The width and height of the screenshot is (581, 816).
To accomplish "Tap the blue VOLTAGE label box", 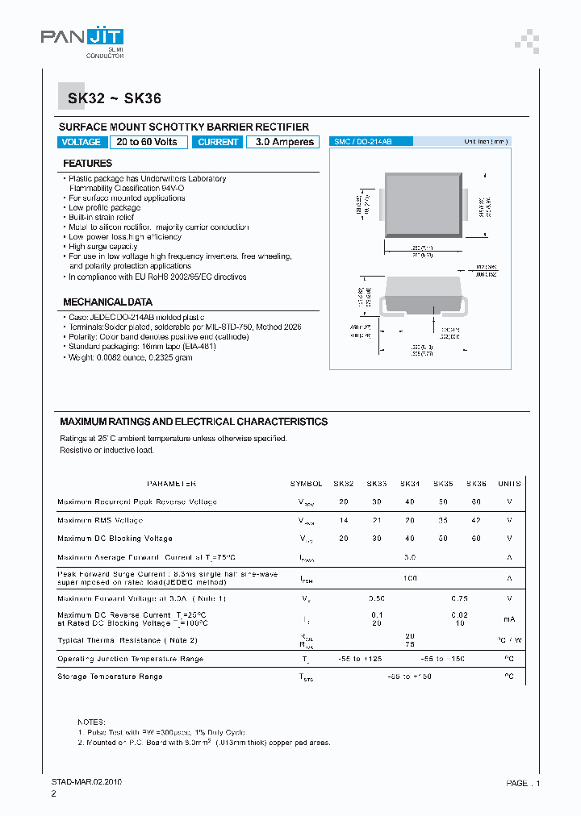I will pos(82,142).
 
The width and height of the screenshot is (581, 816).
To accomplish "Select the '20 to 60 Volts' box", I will pos(148,142).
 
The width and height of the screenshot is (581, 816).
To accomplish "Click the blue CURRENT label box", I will pos(218,142).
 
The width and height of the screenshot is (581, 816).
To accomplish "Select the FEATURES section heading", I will pos(88,164).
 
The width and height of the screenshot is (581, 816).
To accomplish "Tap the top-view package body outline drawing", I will pos(424,205).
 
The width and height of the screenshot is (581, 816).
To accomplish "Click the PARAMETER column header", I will pos(171,484).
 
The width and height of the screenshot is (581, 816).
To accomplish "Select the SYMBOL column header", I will pos(306,484).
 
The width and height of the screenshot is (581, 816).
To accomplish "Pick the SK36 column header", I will pos(476,484).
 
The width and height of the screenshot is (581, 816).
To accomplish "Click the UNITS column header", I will pos(509,484).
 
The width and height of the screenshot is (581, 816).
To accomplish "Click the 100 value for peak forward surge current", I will pos(410,578).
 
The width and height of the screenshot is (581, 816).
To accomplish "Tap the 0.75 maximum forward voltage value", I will pos(460,598).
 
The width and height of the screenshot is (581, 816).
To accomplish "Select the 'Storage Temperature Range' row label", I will pos(110,677).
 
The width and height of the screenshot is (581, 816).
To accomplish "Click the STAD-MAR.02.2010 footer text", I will pos(81,782).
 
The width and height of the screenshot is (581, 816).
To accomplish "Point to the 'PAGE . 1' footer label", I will pos(523,783).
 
